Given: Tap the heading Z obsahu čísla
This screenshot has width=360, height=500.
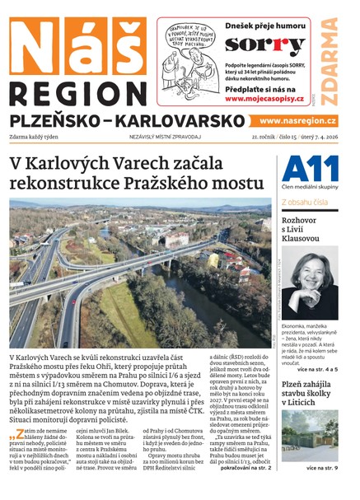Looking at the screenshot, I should [304, 201].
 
